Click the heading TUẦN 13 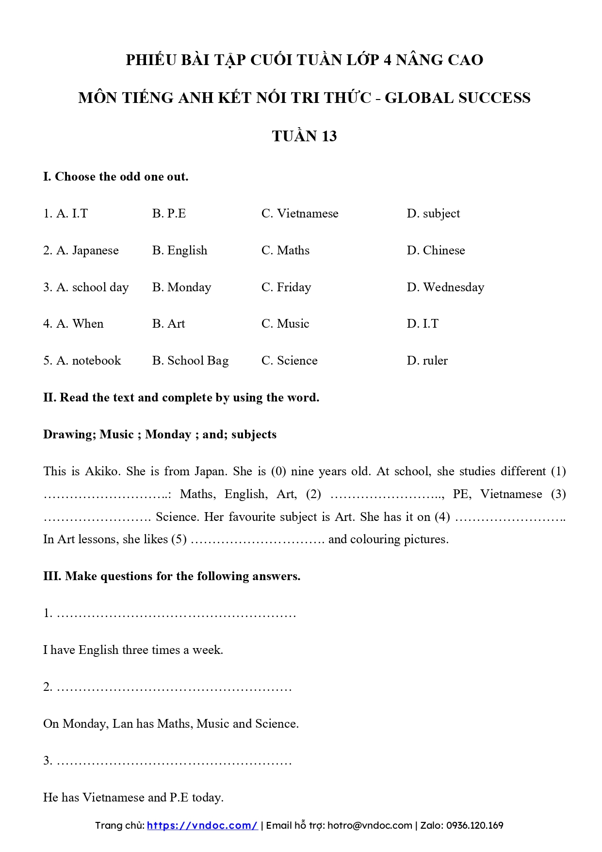click(304, 136)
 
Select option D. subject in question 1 click(433, 214)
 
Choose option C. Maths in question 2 click(285, 251)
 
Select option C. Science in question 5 click(289, 361)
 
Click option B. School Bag click(190, 361)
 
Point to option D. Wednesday click(445, 287)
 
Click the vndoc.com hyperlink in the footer click(202, 825)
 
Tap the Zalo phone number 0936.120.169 click(474, 825)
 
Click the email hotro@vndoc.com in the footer click(370, 825)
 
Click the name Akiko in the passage click(101, 471)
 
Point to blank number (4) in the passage click(509, 517)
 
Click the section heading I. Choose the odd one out click(115, 177)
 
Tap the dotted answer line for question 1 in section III click(176, 614)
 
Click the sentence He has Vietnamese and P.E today click(133, 798)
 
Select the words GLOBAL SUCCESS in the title click(457, 98)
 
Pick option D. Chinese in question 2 click(436, 251)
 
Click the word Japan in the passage click(211, 471)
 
